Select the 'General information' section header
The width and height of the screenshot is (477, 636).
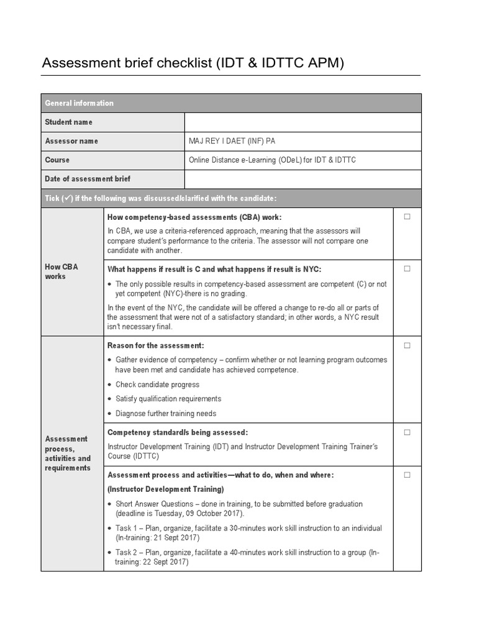coord(79,103)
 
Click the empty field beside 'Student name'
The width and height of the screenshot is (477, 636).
coord(302,122)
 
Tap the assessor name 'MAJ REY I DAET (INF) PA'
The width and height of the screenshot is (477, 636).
coord(232,141)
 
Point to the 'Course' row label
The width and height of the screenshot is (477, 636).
coord(57,160)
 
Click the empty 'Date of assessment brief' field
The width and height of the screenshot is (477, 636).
coord(302,179)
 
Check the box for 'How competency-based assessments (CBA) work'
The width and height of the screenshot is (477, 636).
coord(407,217)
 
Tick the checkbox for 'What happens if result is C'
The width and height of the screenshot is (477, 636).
coord(407,269)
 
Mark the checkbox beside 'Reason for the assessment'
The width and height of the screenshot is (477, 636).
coord(407,345)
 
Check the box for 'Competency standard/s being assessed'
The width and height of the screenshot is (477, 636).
coord(407,432)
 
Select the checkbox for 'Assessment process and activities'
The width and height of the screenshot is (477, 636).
coord(407,475)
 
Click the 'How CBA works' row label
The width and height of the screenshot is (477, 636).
coord(61,271)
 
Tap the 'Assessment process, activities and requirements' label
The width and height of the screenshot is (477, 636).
coord(68,453)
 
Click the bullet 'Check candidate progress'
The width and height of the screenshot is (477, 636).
coord(157,384)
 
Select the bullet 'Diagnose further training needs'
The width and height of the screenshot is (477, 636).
coord(166,413)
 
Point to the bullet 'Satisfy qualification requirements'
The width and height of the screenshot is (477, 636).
coord(168,399)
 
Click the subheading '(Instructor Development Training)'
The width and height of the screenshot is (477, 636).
coord(166,489)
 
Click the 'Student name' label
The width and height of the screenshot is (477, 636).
coord(68,122)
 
